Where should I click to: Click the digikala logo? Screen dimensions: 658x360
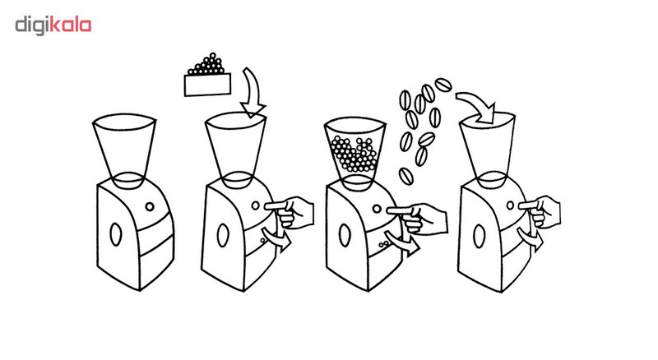coord(53,25)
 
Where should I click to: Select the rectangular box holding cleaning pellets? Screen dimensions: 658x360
coord(208,85)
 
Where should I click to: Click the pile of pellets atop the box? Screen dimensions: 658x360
coord(206,64)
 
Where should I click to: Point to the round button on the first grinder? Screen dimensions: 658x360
coord(150,206)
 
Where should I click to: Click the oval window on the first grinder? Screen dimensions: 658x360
coord(115,233)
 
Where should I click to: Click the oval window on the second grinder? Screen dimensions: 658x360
coord(223,235)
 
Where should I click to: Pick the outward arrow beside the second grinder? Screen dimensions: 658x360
coord(276,239)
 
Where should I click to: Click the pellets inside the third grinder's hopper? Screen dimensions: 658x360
coord(354,154)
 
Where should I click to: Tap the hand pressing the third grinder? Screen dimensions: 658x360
coord(418,218)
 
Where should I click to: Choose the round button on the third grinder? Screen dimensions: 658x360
coord(378,209)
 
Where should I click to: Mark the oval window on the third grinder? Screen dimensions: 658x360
coord(345,235)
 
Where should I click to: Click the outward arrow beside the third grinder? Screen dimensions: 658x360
coord(403,244)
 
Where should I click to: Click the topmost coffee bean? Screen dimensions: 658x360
coord(443,85)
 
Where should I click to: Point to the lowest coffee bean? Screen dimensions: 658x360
coord(405,176)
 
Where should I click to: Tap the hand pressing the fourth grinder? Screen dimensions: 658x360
coord(541,212)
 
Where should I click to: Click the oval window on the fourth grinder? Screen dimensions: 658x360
coord(479,236)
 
